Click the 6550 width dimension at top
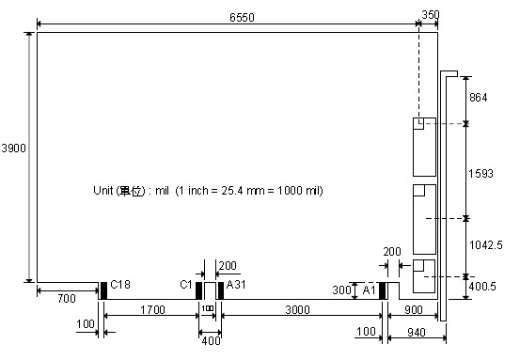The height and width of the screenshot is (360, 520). [242, 17]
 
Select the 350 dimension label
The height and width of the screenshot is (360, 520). [431, 15]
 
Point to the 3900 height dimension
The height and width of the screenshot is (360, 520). [13, 148]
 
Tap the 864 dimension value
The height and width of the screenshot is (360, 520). [479, 98]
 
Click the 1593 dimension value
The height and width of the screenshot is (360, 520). [481, 173]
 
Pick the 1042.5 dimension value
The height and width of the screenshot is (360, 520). [486, 245]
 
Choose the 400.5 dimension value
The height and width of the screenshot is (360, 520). [482, 286]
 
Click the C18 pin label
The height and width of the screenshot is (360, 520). [120, 285]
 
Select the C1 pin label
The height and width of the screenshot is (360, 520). [186, 285]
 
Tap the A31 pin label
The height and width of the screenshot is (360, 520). [236, 285]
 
